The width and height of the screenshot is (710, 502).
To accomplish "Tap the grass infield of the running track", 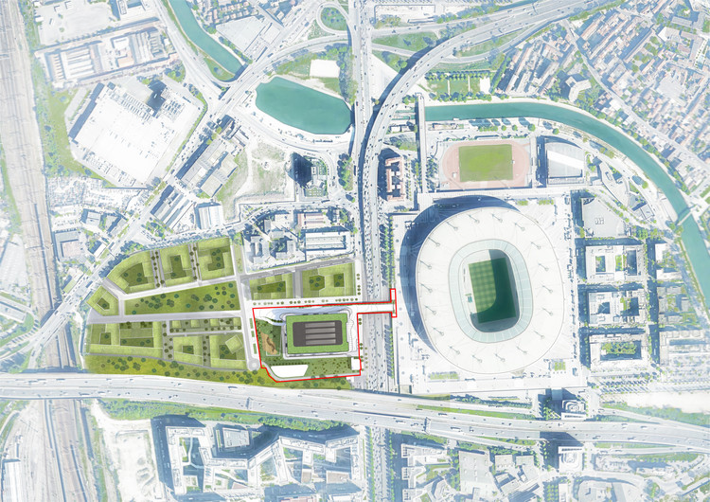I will click(485, 163).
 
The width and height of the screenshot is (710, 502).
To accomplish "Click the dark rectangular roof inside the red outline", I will click(316, 332).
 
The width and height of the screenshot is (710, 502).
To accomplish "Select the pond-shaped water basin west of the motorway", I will click(302, 104).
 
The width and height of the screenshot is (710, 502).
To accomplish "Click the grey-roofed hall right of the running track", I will click(564, 161).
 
